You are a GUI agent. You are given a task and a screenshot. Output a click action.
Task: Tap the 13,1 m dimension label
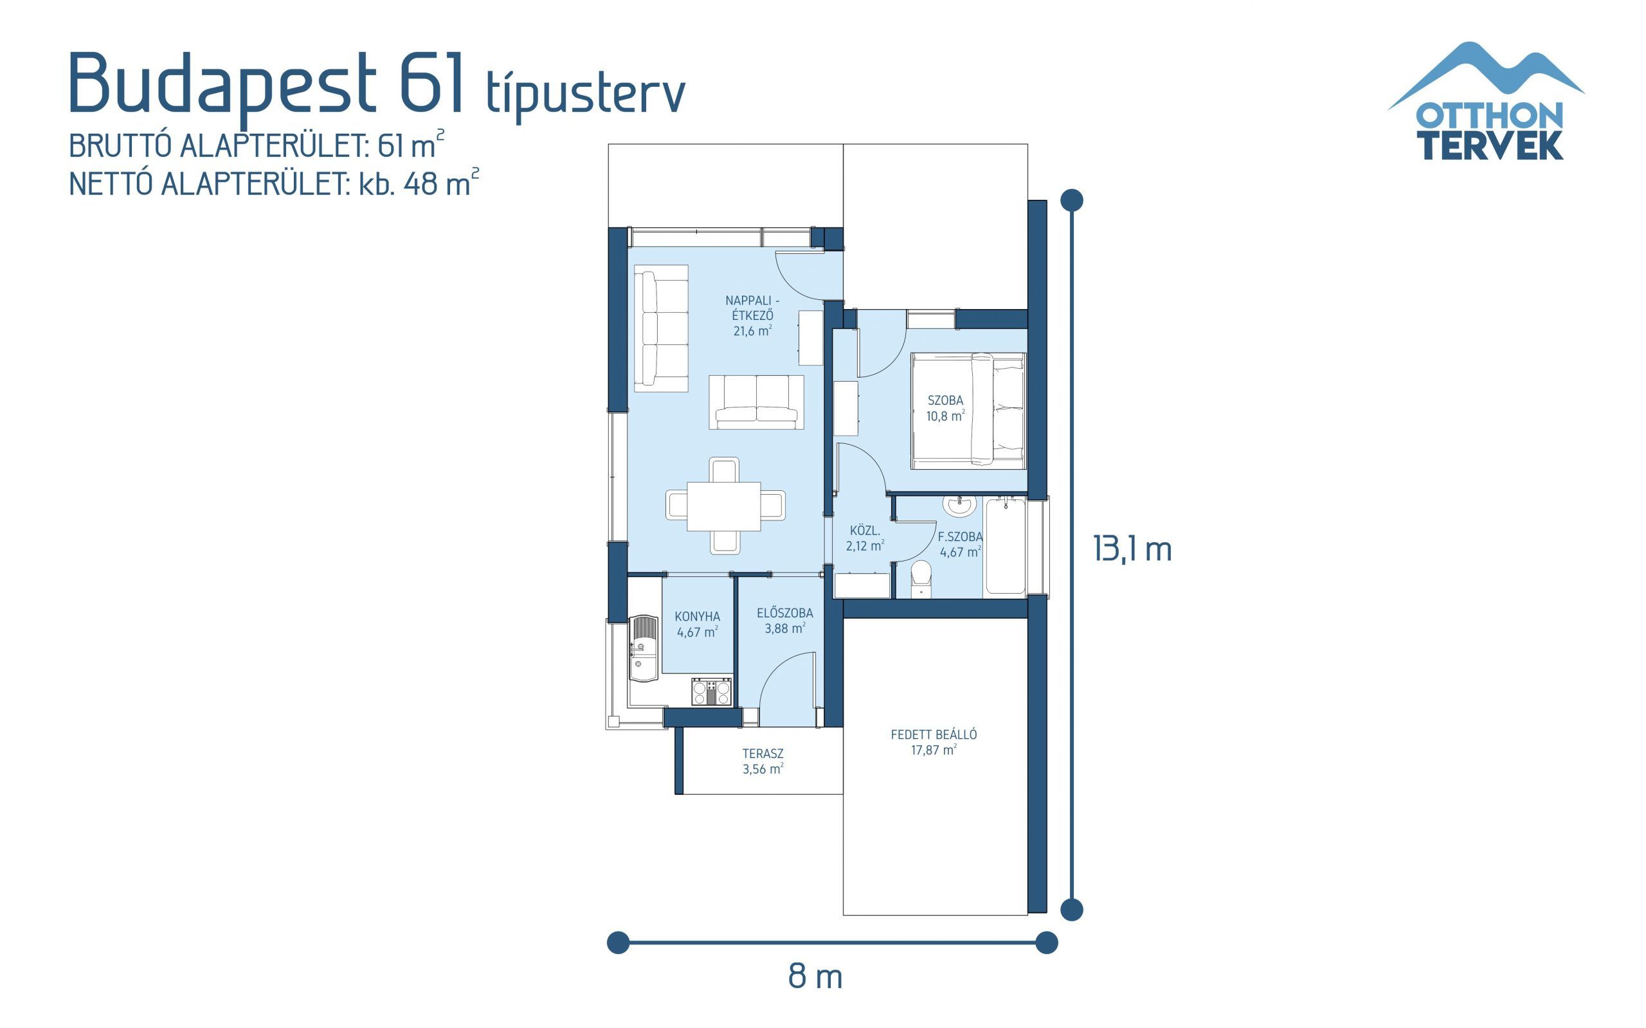tap(1132, 549)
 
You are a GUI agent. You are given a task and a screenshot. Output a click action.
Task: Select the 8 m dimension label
tap(815, 977)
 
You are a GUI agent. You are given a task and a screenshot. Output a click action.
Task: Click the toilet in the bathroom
tap(920, 578)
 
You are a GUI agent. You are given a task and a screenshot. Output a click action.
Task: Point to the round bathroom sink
tap(960, 505)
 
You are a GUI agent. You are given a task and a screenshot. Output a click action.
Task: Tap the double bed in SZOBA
tap(968, 410)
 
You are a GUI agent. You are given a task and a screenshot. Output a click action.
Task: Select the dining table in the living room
tap(725, 506)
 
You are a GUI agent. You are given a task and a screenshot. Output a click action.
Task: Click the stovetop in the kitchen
tap(712, 692)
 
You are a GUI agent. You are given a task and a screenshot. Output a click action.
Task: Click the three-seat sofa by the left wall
tap(660, 328)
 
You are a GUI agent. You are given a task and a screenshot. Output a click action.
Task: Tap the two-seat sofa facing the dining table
tap(755, 402)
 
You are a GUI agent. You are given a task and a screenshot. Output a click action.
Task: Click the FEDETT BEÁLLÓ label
tap(934, 741)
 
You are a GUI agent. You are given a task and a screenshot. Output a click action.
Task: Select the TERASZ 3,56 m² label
tap(763, 761)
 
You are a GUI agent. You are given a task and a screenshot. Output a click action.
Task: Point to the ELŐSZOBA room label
tap(785, 620)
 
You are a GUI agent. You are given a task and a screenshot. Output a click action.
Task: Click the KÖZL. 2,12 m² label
tap(865, 538)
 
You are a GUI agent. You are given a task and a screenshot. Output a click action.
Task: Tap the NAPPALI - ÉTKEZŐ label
tap(752, 315)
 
